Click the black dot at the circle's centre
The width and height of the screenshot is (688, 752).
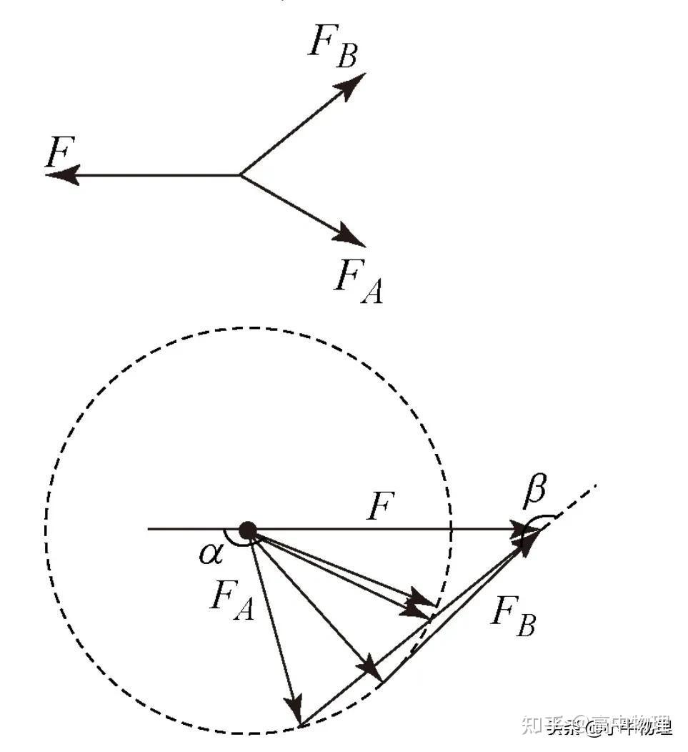coord(247,530)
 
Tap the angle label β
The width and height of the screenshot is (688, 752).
coord(536,490)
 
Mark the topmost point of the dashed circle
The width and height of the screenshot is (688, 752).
coord(249,328)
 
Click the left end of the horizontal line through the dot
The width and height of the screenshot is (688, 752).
coord(149,530)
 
